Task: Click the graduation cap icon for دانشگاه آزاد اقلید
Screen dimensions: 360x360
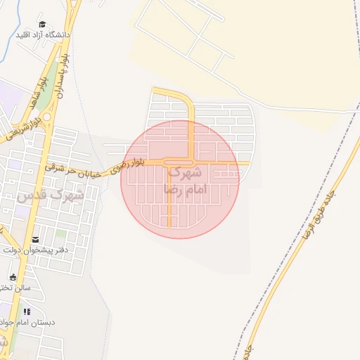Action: tap(41, 24)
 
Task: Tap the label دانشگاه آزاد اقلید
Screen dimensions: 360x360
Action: tap(42, 34)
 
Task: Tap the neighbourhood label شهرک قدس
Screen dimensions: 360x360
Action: tap(50, 195)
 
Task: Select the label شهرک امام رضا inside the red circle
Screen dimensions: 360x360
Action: tap(183, 181)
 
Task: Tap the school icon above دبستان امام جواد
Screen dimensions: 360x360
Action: tap(27, 311)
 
